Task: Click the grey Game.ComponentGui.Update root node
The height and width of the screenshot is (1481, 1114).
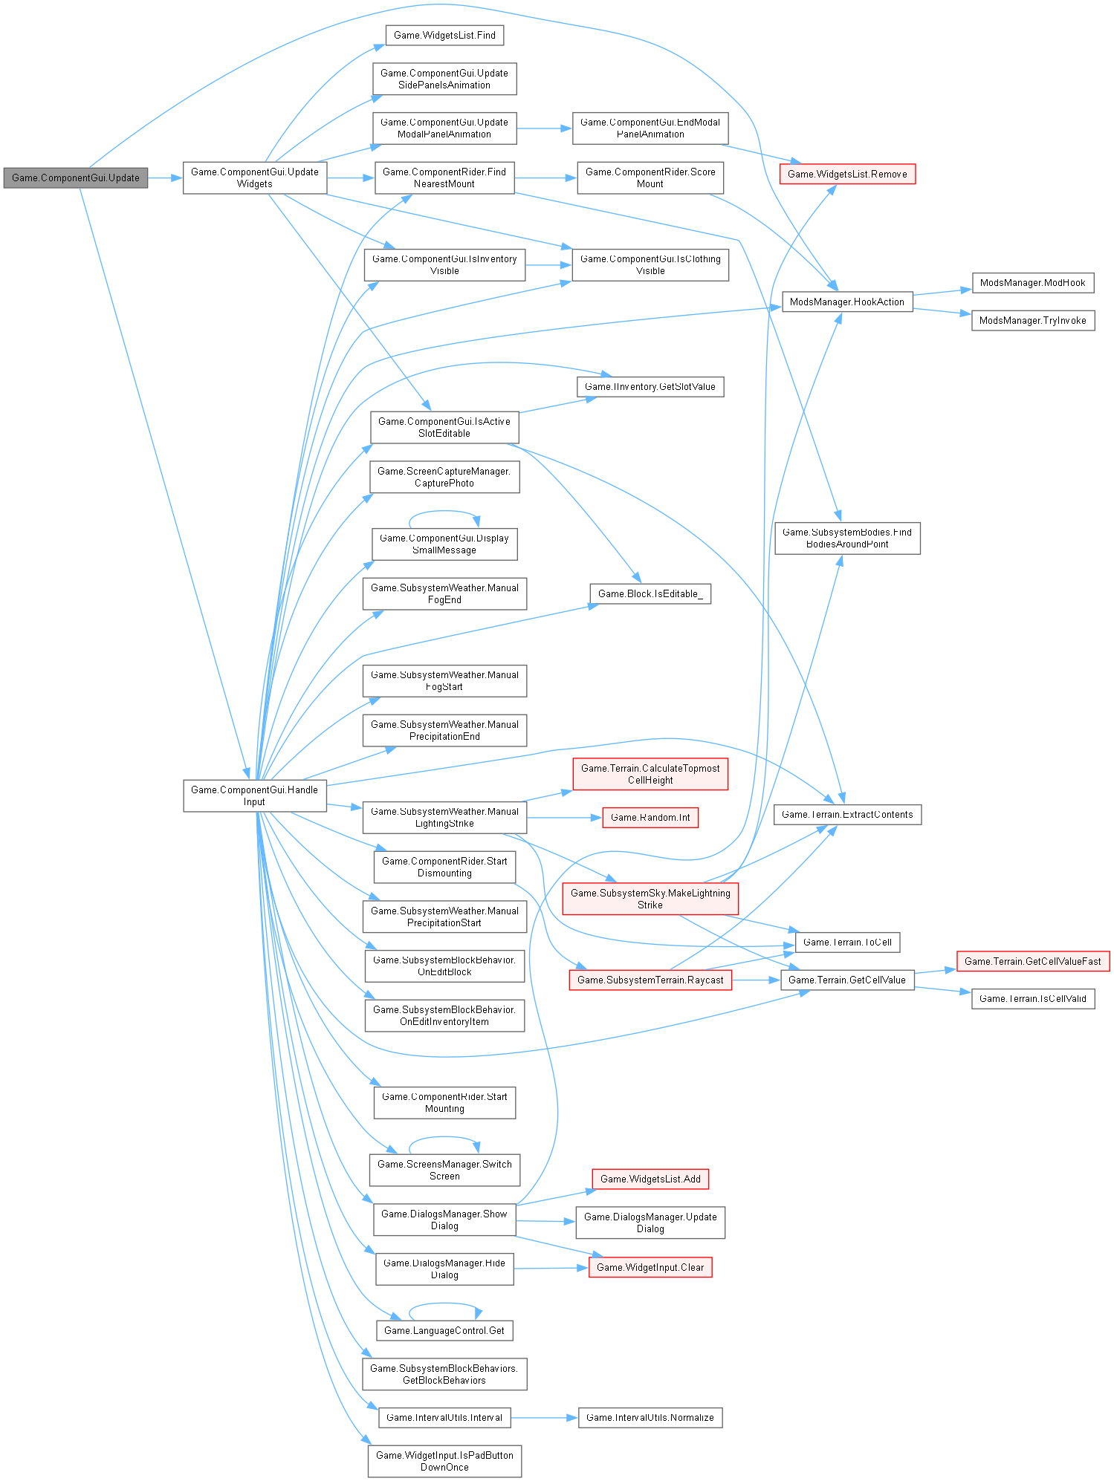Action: click(x=76, y=178)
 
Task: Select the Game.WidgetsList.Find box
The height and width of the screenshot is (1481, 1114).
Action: click(x=444, y=36)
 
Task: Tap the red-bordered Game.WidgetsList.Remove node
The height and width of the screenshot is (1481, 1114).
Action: click(x=847, y=175)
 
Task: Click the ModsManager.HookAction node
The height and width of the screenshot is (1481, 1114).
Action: click(x=847, y=302)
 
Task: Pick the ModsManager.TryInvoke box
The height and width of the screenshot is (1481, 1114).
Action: click(x=1032, y=321)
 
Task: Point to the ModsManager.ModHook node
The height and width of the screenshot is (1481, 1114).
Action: click(x=1032, y=283)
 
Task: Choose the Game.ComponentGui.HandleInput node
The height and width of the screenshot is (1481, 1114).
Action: click(x=254, y=795)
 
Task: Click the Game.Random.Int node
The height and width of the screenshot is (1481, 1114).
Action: click(x=650, y=818)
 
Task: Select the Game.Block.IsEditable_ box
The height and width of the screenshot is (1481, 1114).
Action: click(x=650, y=594)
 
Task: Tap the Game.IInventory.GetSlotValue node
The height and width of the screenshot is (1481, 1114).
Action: click(x=650, y=387)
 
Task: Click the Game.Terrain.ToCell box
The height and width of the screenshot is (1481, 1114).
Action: click(x=847, y=943)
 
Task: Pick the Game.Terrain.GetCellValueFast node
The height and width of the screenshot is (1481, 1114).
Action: click(x=1032, y=962)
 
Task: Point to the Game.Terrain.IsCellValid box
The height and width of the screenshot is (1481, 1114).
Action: click(x=1032, y=999)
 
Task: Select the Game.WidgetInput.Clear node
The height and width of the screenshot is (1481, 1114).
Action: click(x=650, y=1268)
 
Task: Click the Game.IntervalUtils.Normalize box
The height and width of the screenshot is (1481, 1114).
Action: click(x=650, y=1418)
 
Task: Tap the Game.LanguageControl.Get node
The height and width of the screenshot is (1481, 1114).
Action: click(x=444, y=1331)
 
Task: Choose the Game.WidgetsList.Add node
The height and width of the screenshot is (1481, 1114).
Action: click(x=650, y=1179)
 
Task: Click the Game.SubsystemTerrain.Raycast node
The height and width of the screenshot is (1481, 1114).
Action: click(x=650, y=980)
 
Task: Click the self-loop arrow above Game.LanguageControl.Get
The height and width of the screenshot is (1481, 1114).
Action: click(x=444, y=1303)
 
